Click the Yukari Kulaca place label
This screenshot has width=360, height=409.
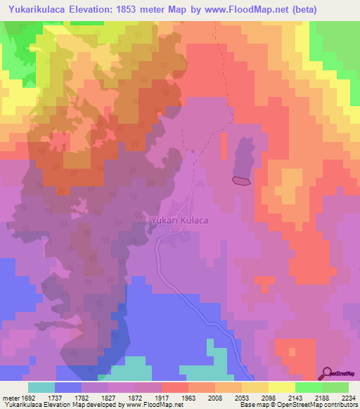(x=179, y=220)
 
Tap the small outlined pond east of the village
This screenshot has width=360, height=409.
(x=241, y=181)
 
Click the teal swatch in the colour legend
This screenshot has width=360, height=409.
(x=41, y=387)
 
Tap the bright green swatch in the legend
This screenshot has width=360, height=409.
(x=308, y=387)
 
